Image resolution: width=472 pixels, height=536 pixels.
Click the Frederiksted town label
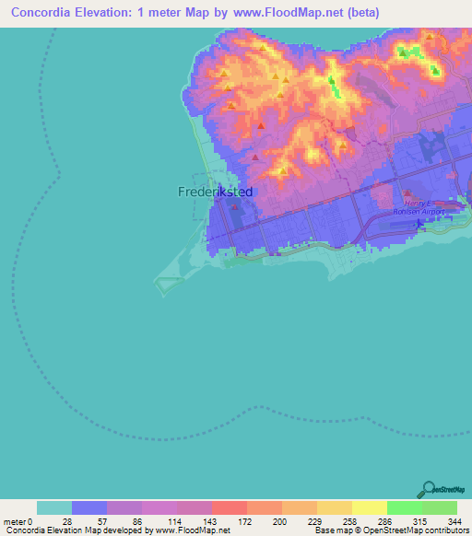215,192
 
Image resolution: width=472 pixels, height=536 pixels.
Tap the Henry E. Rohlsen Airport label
425,206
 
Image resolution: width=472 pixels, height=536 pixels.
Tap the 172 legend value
246,521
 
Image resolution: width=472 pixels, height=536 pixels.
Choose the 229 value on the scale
316,521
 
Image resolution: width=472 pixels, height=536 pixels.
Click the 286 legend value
386,521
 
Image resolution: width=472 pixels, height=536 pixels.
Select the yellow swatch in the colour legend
369,507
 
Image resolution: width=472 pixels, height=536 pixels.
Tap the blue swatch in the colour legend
89,507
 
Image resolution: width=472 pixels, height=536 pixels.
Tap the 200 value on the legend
281,521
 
